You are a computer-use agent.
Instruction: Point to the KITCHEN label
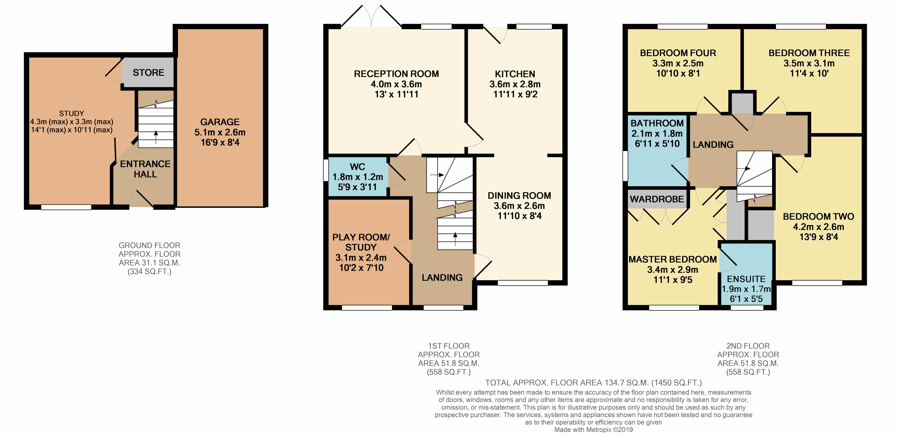[x=515, y=74]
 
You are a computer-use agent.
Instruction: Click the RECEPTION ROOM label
[x=396, y=74]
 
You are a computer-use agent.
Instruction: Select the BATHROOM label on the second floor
[x=657, y=123]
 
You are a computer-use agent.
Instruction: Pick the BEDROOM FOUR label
[x=678, y=53]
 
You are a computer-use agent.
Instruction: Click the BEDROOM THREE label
[x=809, y=53]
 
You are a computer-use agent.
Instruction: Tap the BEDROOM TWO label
[x=818, y=216]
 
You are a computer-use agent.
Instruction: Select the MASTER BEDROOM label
[x=673, y=259]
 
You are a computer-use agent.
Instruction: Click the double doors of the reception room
[x=372, y=16]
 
